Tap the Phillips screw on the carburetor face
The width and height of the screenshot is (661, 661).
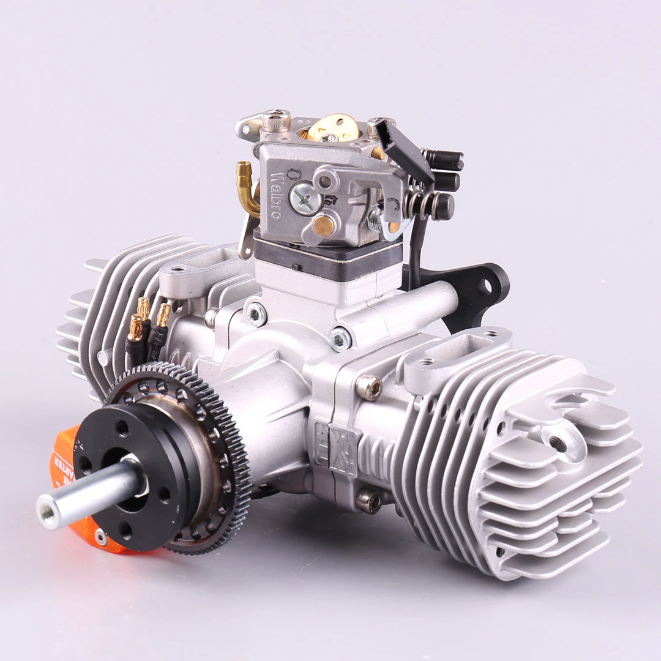[304, 199]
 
